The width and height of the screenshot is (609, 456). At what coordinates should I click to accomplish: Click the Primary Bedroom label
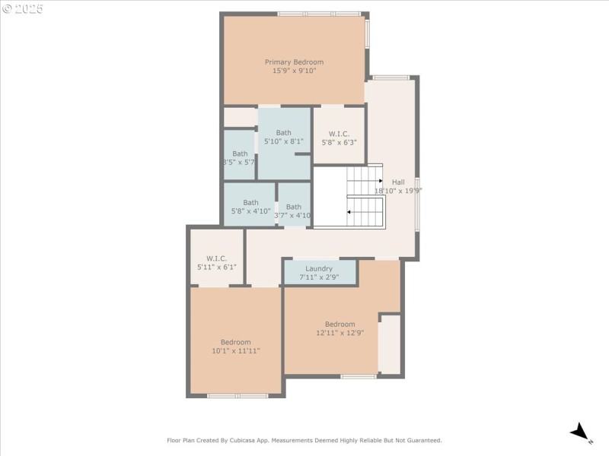(x=294, y=62)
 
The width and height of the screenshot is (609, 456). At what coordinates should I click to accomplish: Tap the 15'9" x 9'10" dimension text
(x=294, y=71)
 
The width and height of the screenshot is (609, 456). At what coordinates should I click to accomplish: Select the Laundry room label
(x=319, y=268)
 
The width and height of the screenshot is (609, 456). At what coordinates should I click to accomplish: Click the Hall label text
(x=398, y=182)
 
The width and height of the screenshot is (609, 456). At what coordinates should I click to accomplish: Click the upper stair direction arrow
(x=379, y=181)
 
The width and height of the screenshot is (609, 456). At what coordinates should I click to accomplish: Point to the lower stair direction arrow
(x=349, y=212)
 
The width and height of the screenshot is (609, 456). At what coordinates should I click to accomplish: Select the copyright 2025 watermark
(x=23, y=9)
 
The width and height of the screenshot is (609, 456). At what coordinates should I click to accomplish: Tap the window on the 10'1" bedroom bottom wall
(x=238, y=396)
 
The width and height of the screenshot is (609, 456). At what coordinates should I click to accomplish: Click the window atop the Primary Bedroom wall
(x=319, y=14)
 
